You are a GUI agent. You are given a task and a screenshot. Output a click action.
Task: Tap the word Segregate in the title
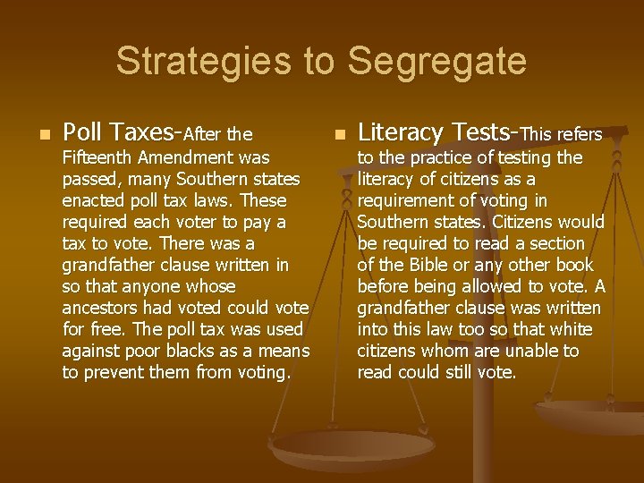(436, 62)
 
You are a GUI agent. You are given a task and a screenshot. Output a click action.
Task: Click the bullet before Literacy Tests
(338, 135)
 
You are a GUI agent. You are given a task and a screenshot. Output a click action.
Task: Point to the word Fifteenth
(99, 158)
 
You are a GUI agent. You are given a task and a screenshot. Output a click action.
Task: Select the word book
(573, 265)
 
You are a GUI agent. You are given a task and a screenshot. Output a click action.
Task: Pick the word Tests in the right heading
(479, 133)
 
